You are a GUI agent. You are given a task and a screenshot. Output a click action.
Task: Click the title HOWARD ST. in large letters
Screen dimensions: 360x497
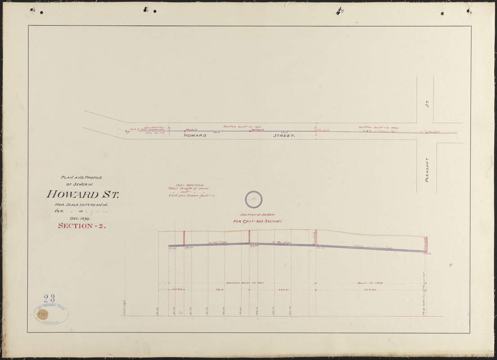[x=82, y=195]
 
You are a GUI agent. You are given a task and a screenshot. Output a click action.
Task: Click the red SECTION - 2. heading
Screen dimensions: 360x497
[x=82, y=226]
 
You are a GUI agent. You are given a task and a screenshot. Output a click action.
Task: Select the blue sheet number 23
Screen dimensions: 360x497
[x=50, y=298]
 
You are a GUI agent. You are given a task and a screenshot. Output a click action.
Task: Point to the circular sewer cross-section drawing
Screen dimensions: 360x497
[x=253, y=198]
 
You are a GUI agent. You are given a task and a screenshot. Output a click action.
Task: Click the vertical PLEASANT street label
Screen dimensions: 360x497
[x=426, y=169]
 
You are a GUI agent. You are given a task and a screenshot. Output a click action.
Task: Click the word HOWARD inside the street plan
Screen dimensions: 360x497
[x=195, y=135]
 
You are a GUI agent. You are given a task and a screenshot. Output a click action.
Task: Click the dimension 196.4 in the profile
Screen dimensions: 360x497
[x=220, y=290]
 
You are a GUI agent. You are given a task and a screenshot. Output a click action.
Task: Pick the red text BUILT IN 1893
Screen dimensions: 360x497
[x=370, y=283]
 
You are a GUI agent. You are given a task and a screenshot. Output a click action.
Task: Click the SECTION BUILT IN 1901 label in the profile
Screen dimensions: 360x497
[x=244, y=283]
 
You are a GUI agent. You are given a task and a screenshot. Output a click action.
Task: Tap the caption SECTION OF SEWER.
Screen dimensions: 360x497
[x=257, y=215]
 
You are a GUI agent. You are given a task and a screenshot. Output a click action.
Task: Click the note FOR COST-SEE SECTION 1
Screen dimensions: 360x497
[x=257, y=221]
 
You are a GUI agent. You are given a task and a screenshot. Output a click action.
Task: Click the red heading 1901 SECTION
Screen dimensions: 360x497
[x=190, y=185]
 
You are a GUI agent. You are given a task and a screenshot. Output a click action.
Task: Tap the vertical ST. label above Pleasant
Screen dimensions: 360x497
[x=426, y=104]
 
